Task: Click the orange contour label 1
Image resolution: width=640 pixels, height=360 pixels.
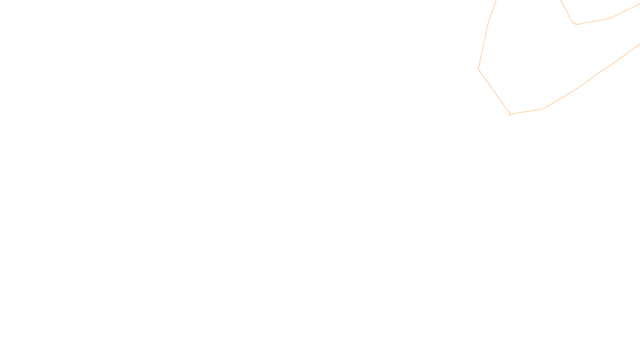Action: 510,114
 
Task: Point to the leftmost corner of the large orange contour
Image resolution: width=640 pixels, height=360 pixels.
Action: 478,69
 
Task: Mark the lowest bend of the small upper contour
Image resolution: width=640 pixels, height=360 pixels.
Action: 575,24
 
